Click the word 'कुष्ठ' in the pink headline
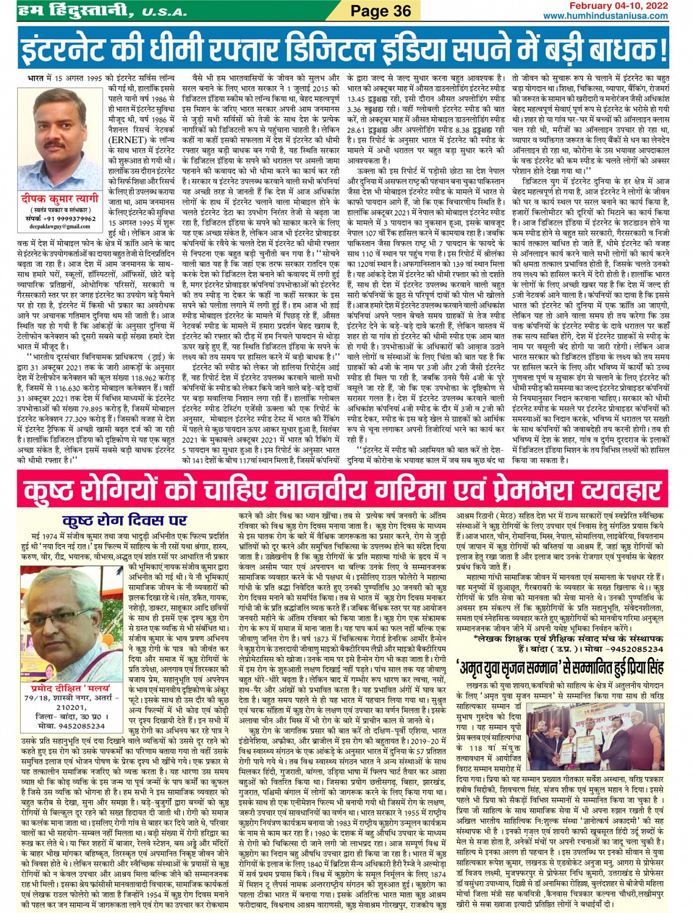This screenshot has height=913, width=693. pos(55,491)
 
